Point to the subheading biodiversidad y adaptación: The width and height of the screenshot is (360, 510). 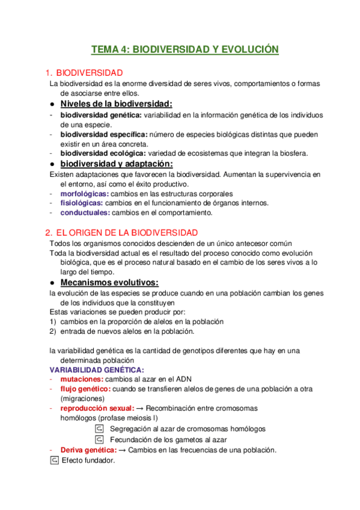coord(117,164)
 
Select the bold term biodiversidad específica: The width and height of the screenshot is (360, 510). coord(104,134)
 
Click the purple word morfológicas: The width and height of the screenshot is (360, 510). coord(85,194)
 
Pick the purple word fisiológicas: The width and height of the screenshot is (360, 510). coord(82,203)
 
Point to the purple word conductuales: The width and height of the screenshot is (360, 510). coord(85,213)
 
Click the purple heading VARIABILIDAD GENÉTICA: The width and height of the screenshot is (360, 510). coord(96,370)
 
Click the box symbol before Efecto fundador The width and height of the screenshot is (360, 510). coord(54,460)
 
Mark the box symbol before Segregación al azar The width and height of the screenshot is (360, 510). coord(100,429)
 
